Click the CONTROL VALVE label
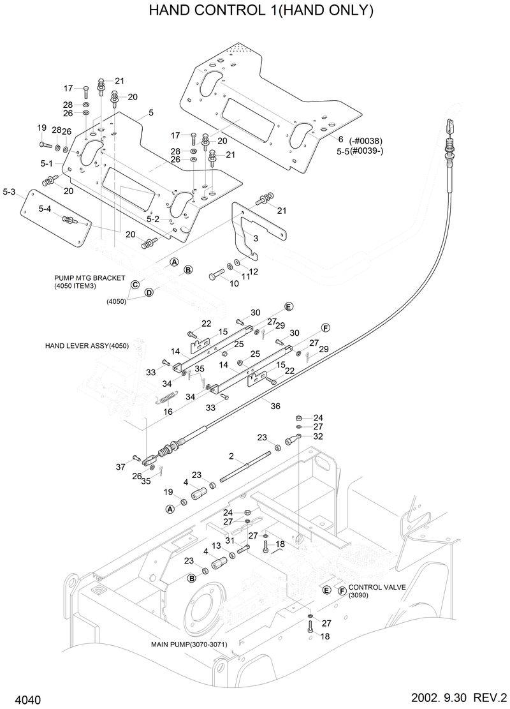[374, 586]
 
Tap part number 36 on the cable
[275, 405]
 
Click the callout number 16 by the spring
[168, 412]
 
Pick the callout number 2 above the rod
[231, 457]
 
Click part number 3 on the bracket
[255, 239]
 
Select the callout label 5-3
[9, 191]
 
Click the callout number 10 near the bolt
[234, 283]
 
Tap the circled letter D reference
[149, 292]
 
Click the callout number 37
[121, 467]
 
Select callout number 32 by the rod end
[318, 437]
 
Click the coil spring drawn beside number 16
[167, 398]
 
